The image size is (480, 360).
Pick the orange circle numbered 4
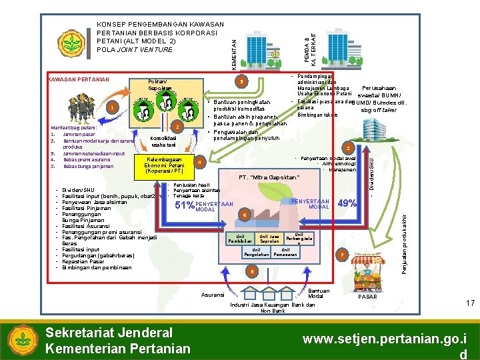[200, 161]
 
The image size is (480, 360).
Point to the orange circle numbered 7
[342, 255]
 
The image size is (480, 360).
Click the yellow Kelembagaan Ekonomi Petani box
[164, 165]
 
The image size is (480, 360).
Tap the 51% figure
[183, 205]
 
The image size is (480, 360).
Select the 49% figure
[347, 203]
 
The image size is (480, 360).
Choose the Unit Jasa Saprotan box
[269, 238]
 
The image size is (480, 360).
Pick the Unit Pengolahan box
[256, 251]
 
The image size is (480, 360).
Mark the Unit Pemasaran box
[285, 251]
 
